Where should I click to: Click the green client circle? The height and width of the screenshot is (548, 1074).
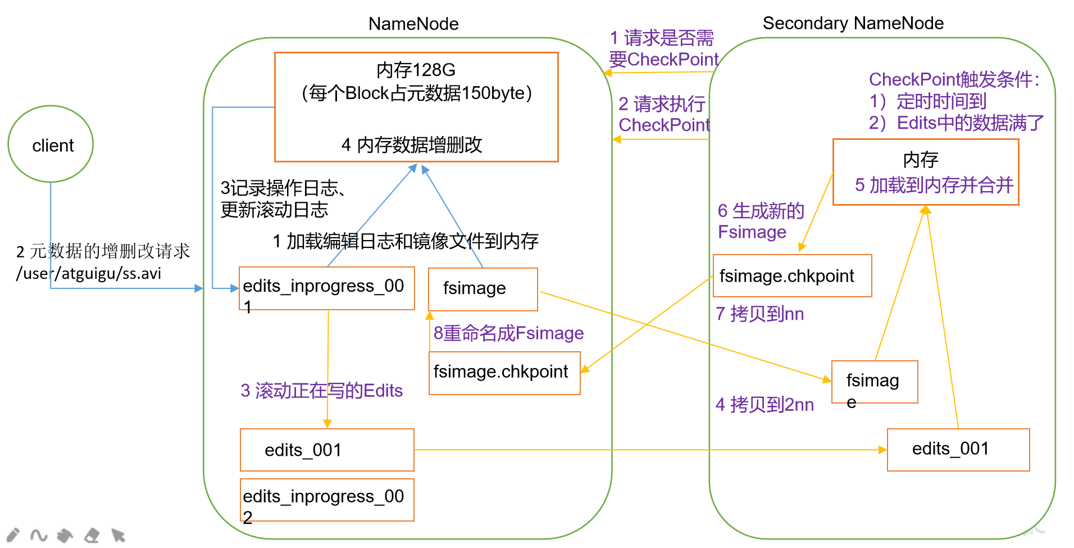51,144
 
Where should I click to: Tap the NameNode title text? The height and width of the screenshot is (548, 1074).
413,24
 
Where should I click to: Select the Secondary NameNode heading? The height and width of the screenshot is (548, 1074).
853,23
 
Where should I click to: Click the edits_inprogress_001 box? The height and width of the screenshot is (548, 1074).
326,288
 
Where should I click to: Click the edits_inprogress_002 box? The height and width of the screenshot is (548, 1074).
326,500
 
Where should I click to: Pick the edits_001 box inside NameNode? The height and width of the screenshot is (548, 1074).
326,450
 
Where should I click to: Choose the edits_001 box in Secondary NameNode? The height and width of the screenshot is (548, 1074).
958,449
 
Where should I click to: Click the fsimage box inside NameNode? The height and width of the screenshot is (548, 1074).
483,289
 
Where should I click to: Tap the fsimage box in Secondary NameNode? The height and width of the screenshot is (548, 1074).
874,382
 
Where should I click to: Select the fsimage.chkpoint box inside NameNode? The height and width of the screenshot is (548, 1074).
504,373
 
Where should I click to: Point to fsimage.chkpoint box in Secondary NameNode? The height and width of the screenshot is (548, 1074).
791,275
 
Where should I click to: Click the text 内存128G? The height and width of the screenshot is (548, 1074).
416,70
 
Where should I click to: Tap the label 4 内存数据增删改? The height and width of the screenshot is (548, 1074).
412,145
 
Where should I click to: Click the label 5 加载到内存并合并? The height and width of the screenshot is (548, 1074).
934,185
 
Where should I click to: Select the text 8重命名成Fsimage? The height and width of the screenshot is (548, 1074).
508,333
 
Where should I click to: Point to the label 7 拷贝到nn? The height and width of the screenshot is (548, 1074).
759,314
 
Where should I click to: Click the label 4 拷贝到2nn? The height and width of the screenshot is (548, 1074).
764,404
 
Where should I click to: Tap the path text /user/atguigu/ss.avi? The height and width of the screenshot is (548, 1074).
89,274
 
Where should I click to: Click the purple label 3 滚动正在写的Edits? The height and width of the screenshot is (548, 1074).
321,391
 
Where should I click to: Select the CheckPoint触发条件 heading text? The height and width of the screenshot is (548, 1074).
953,79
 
